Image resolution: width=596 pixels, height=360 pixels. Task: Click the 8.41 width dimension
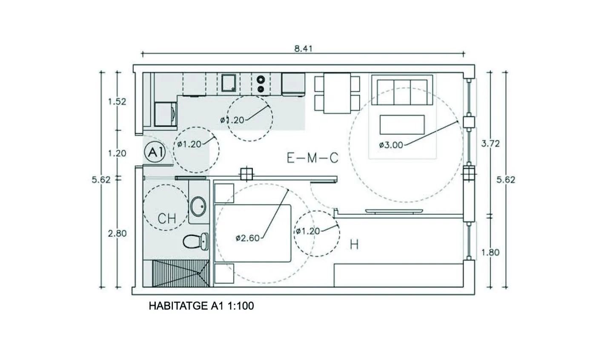(x=303, y=49)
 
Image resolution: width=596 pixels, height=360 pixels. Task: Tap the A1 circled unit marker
(x=155, y=152)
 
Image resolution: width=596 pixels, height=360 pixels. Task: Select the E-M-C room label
(x=312, y=158)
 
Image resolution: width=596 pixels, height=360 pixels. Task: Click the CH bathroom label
(x=167, y=218)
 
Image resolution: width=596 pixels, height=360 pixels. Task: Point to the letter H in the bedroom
(x=354, y=244)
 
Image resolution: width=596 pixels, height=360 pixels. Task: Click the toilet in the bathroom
(x=196, y=241)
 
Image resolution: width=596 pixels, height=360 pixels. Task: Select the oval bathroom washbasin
(x=198, y=206)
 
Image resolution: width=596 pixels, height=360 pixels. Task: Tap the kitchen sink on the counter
(x=229, y=83)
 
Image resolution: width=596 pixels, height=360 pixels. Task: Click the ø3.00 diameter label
(x=391, y=145)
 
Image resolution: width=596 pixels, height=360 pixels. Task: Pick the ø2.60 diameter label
(x=247, y=238)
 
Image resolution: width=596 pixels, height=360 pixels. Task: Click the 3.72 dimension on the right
(x=490, y=144)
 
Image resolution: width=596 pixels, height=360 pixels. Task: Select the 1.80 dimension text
(x=490, y=252)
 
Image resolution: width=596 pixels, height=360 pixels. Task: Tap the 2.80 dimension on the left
(x=117, y=233)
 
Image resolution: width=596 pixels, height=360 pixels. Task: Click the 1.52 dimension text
(x=117, y=102)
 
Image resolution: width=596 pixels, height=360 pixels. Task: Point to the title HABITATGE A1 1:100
(x=201, y=306)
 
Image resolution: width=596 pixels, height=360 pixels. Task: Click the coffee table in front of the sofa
(x=402, y=124)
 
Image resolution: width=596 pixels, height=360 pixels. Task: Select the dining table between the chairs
(x=337, y=93)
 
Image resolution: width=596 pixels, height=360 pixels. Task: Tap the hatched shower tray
(x=181, y=274)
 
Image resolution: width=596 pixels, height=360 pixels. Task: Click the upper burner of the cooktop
(x=261, y=79)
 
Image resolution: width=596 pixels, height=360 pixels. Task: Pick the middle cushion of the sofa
(x=402, y=92)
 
